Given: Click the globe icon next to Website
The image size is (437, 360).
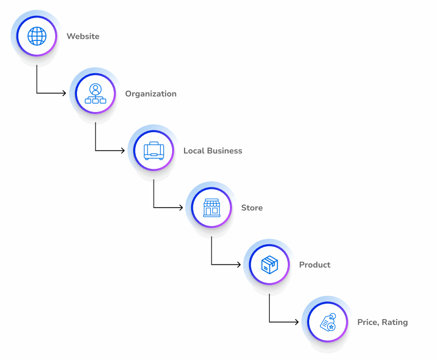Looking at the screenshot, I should [37, 36].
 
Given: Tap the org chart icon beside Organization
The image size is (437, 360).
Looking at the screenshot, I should [95, 93].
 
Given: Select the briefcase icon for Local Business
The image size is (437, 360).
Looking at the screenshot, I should [153, 150].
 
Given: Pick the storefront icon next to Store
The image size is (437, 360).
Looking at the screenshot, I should [211, 208].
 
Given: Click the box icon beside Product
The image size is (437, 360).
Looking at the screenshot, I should [269, 265].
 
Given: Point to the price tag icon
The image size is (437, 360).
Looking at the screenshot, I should [328, 322].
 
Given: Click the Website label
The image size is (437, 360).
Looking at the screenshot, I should [83, 37].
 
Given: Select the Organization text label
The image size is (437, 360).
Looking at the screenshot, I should [151, 94].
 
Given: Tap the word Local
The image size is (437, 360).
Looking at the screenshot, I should [194, 151].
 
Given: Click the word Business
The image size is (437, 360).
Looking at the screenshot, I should [225, 151].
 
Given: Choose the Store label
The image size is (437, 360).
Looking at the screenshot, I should [252, 208].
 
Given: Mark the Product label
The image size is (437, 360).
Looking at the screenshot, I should [315, 265].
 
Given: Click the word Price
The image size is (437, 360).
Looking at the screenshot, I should [368, 322].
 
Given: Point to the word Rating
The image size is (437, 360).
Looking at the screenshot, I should [394, 322].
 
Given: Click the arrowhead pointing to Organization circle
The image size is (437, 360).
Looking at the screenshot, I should [64, 93].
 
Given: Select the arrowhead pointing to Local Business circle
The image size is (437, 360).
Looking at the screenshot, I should [122, 150].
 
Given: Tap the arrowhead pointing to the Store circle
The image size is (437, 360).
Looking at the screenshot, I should [180, 208].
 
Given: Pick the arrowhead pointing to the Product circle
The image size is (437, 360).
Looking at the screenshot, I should [239, 265].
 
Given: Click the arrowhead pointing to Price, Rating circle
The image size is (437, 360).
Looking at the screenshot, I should [297, 322].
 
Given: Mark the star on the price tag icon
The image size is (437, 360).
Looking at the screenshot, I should [331, 326].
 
